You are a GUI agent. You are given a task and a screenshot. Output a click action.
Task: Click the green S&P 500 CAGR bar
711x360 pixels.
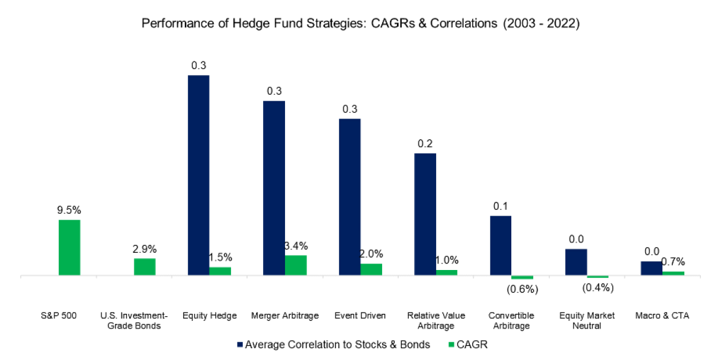coord(69,247)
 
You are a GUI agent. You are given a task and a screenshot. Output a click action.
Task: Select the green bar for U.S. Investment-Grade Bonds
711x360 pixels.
coord(145,267)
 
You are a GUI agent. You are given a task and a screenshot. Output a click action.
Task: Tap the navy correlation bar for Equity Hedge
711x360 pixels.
coord(198,175)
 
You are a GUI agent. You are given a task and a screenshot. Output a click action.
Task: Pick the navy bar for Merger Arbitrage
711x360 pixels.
coord(274,188)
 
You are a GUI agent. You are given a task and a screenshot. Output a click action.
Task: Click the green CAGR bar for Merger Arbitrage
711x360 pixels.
coord(296,265)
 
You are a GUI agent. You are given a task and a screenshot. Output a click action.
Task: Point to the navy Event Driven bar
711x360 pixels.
coord(350,197)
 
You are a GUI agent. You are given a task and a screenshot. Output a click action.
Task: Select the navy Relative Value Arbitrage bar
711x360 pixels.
coord(425,214)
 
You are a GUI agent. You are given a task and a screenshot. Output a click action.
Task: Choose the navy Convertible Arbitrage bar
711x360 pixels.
coord(501,246)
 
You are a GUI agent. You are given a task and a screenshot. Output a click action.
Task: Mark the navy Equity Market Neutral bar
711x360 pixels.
coord(576,262)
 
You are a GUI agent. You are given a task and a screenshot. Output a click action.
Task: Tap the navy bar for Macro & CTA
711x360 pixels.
coord(652,268)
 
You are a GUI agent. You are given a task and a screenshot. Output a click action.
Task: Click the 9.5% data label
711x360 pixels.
coord(69,209)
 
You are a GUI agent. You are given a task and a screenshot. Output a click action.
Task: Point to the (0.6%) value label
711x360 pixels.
coord(521,289)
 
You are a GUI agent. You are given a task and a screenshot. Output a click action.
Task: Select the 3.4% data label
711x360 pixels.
coord(296,246)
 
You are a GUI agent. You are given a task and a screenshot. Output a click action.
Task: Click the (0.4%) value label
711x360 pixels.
coord(597,288)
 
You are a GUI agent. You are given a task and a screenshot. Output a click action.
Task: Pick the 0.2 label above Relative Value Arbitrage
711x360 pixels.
coord(425,143)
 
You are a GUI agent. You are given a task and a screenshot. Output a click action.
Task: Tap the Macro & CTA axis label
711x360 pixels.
coord(662,316)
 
